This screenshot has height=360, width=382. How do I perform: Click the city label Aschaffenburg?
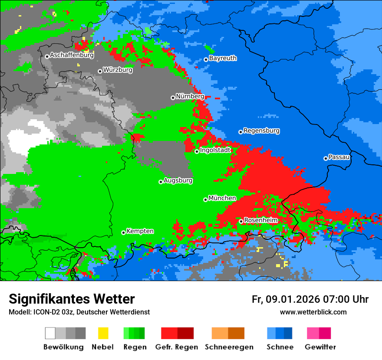(72, 55)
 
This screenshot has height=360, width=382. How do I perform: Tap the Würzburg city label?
(118, 70)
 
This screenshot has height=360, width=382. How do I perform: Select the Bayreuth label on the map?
(223, 58)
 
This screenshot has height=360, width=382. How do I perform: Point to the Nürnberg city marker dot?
(173, 98)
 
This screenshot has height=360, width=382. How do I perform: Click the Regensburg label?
(261, 131)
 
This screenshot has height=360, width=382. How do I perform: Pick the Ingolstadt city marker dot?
(197, 151)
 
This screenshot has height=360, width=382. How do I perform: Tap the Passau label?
(339, 157)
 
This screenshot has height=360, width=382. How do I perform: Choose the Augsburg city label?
(178, 180)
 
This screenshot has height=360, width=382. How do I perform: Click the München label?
(222, 198)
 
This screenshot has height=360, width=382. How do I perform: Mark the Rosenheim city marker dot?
(241, 221)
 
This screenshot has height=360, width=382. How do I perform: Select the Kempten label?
(140, 231)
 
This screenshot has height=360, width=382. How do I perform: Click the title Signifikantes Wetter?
(72, 299)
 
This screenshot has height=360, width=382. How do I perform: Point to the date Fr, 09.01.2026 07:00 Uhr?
(310, 299)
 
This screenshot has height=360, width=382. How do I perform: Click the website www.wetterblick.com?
(313, 312)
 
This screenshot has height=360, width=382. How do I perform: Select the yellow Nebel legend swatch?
(103, 333)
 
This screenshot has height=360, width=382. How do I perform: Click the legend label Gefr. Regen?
(177, 347)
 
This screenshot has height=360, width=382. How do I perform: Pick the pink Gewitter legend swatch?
(313, 333)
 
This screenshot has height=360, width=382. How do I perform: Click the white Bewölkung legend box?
(50, 333)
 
